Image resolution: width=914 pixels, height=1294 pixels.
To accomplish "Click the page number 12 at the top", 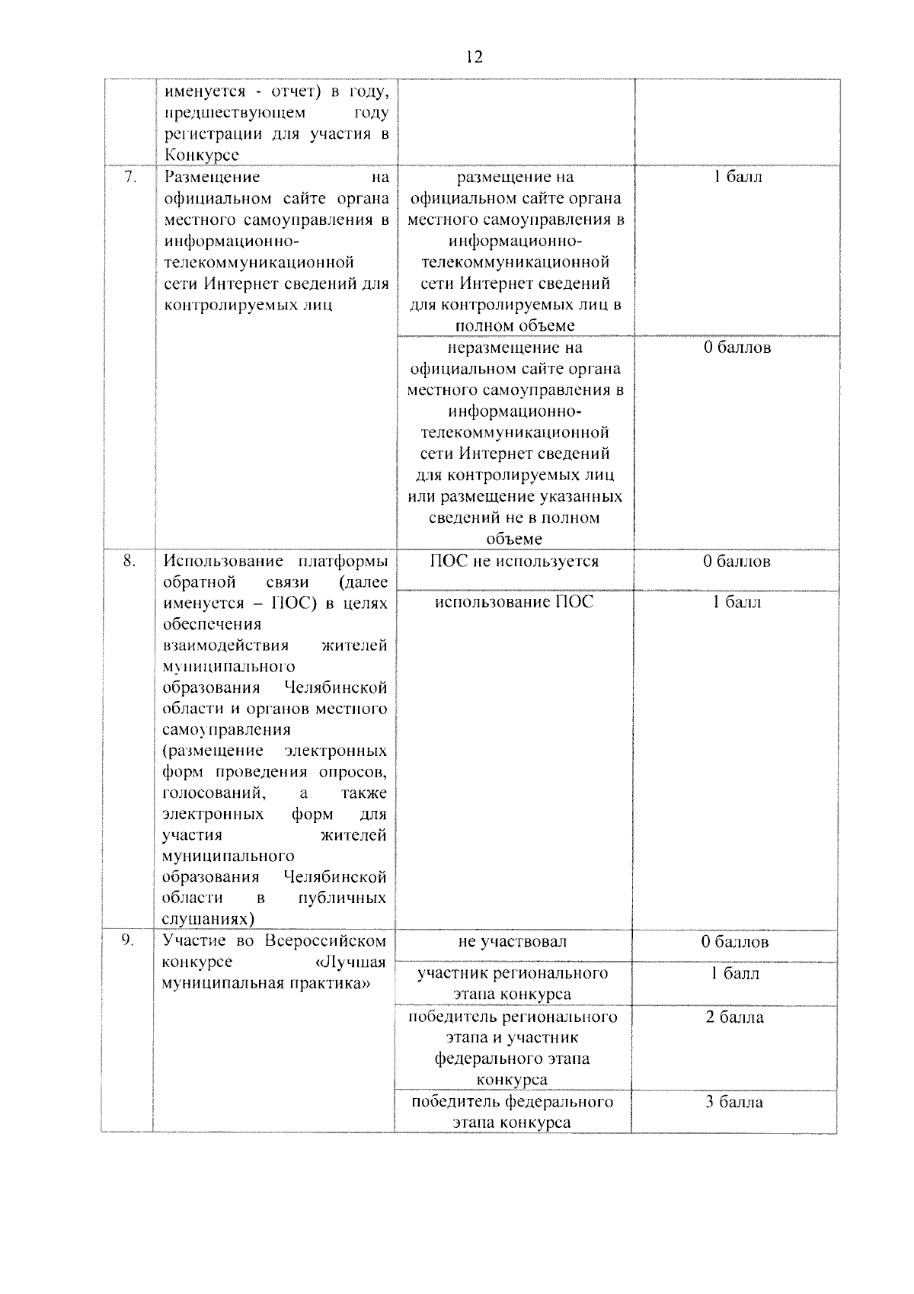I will tap(473, 58).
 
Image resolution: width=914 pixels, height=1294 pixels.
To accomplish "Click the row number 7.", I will tap(130, 177).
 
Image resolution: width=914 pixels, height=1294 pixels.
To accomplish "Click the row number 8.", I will tap(129, 561).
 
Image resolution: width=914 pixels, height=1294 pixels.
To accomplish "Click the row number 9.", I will tap(128, 940).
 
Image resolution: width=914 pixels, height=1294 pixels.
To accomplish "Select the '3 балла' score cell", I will tap(734, 1102).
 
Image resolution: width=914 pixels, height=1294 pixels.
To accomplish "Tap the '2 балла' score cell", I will tap(734, 1017).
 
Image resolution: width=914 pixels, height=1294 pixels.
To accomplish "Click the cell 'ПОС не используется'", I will tap(514, 562).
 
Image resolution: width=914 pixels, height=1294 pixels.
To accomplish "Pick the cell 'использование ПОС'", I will tap(514, 603).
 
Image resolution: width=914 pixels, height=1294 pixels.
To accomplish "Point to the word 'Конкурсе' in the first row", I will tap(201, 155).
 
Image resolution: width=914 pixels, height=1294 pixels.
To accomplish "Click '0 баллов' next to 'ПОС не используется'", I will tap(737, 562).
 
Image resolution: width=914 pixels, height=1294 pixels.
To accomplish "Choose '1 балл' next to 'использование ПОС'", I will tap(737, 603).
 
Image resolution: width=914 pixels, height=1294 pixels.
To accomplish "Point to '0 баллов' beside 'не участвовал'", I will tap(735, 942).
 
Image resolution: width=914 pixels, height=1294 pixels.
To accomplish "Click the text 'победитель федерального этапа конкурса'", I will tap(512, 1113).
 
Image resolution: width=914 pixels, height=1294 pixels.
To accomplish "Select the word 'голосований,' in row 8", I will tap(214, 793).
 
